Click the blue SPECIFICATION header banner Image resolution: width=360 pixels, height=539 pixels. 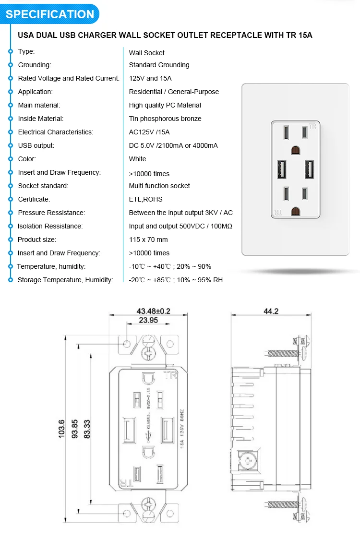50,14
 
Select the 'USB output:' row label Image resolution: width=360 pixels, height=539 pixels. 36,145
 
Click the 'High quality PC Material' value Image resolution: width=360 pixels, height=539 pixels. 165,105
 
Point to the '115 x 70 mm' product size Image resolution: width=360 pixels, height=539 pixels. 148,240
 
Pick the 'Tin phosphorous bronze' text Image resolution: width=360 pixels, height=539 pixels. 165,119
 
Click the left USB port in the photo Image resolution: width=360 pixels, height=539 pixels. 280,168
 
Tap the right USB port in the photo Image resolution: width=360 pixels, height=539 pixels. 309,168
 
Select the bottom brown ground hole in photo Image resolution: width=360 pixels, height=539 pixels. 295,211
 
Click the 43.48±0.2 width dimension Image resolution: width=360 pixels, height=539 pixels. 146,311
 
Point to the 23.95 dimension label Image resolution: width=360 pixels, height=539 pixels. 148,321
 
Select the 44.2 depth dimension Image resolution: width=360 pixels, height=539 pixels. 271,311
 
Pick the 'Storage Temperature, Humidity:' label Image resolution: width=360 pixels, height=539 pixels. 65,280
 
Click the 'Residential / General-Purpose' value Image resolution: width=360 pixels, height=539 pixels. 174,92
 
